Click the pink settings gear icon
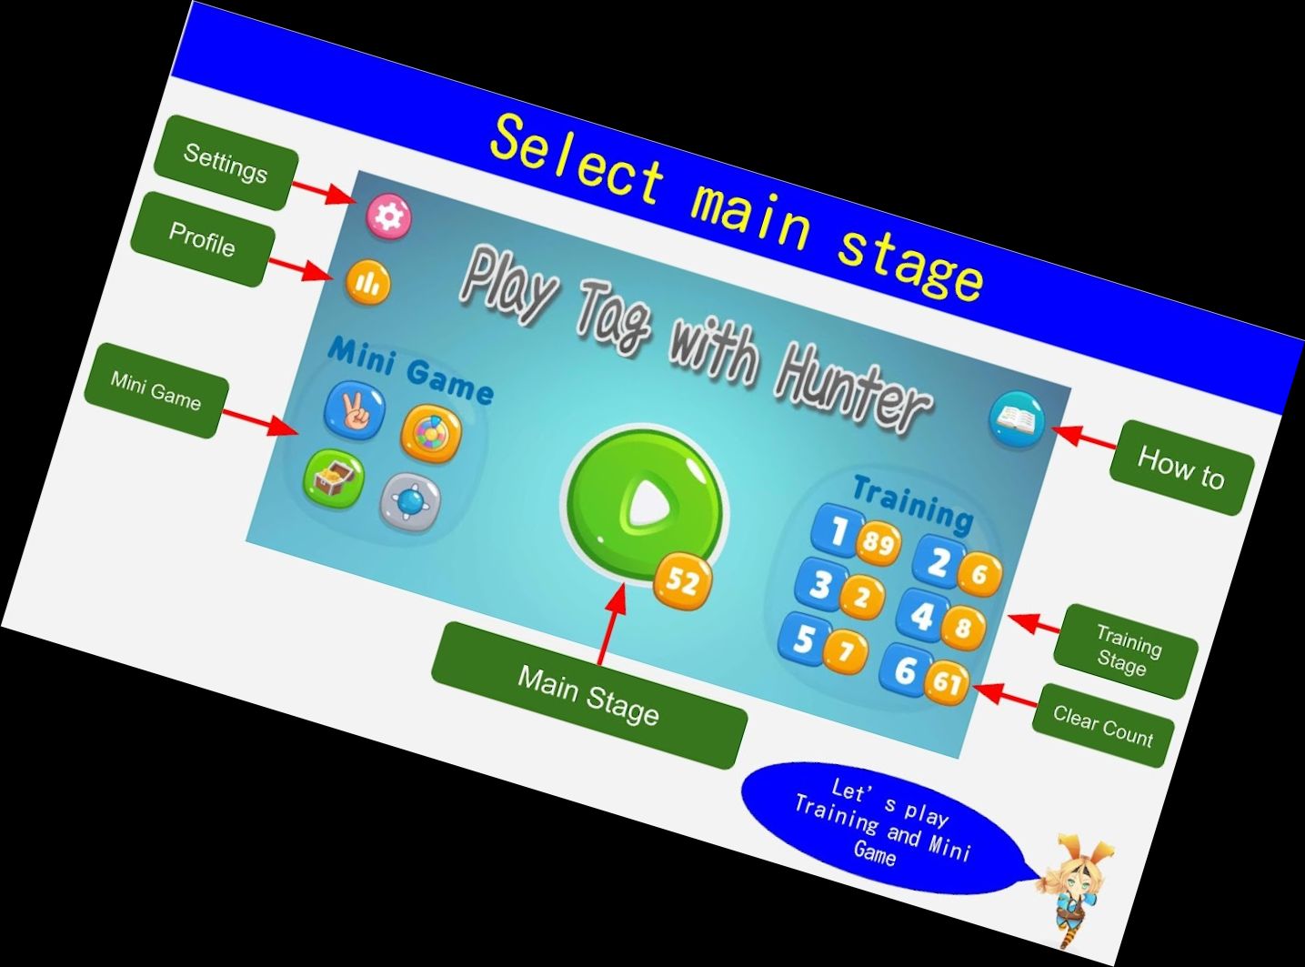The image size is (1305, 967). point(389,217)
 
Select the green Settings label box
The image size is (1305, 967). point(226,163)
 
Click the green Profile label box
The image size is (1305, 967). point(202,239)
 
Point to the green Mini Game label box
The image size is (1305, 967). point(156,390)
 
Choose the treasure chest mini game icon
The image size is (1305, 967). point(333,478)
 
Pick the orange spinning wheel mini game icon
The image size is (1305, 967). point(431,433)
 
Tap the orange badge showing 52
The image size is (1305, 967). point(683,579)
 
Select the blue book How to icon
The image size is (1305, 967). point(1017,418)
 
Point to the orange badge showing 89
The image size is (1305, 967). point(878,543)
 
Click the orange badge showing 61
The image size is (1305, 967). point(947,680)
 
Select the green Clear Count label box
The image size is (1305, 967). point(1102,726)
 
